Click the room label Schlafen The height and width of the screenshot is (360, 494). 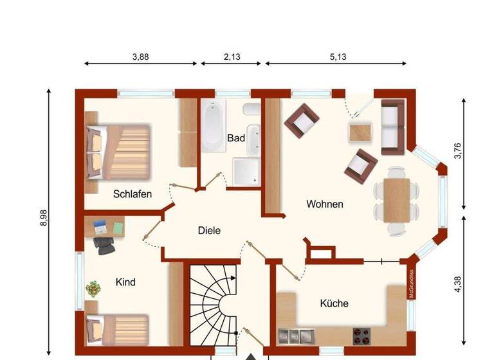click(133, 194)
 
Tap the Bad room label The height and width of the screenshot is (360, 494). click(236, 138)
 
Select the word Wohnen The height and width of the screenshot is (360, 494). click(324, 204)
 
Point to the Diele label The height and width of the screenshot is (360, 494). click(209, 230)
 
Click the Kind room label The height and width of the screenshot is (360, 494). click(125, 282)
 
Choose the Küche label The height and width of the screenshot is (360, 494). click(334, 303)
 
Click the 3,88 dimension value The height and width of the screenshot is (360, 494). click(140, 57)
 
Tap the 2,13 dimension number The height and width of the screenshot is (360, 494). click(232, 57)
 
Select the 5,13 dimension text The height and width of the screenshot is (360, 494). click(338, 57)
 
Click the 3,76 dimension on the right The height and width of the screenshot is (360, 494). click(457, 151)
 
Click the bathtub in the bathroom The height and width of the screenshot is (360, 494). click(212, 127)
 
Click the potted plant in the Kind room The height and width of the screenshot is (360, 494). click(94, 289)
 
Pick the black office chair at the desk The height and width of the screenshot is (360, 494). click(104, 242)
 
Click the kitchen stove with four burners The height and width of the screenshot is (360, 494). click(361, 335)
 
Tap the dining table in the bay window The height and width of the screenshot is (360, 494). click(396, 200)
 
